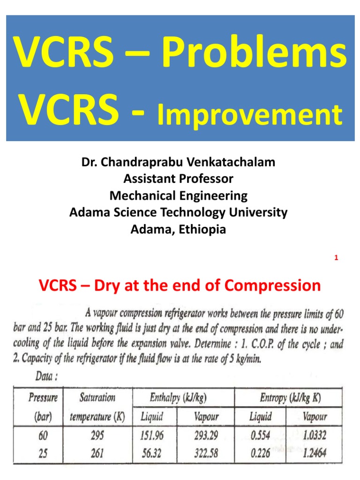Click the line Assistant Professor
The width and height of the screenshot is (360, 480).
(x=178, y=179)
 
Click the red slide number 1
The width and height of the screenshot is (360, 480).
(x=337, y=257)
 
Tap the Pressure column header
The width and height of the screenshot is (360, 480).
(x=43, y=398)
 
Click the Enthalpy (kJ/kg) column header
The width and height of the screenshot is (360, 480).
(x=178, y=398)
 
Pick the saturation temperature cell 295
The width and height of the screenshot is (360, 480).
(x=97, y=435)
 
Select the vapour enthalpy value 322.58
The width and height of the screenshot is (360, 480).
(x=206, y=453)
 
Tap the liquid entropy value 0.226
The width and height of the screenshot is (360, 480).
(x=259, y=453)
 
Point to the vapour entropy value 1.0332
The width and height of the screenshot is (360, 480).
(x=314, y=435)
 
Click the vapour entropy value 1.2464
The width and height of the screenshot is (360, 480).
(x=314, y=453)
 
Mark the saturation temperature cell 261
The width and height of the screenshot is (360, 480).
(x=97, y=453)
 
